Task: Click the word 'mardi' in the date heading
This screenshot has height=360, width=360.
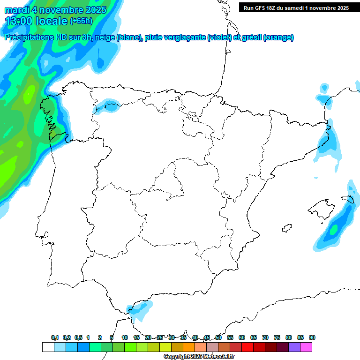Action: point(17,10)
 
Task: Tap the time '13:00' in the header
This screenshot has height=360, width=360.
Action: point(19,21)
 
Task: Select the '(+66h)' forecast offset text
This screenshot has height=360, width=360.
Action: point(81,21)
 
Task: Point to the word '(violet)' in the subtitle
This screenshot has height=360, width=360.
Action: point(220,37)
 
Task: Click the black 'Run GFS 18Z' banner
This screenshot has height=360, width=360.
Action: point(296,7)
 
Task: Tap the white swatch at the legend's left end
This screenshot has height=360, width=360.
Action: point(48,347)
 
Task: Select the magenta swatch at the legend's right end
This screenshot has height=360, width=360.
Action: point(306,347)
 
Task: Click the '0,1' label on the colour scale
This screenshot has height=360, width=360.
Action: point(55,337)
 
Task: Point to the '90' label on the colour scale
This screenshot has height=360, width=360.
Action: point(312,337)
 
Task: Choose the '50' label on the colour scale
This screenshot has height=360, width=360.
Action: point(218,337)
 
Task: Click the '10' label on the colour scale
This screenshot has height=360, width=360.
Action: point(125,337)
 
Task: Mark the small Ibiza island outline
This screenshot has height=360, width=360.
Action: point(286,228)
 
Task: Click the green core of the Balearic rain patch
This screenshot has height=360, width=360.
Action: point(333,230)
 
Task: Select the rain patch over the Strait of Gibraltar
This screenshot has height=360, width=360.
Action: point(140,309)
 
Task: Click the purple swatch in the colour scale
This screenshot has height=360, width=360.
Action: point(294,347)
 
